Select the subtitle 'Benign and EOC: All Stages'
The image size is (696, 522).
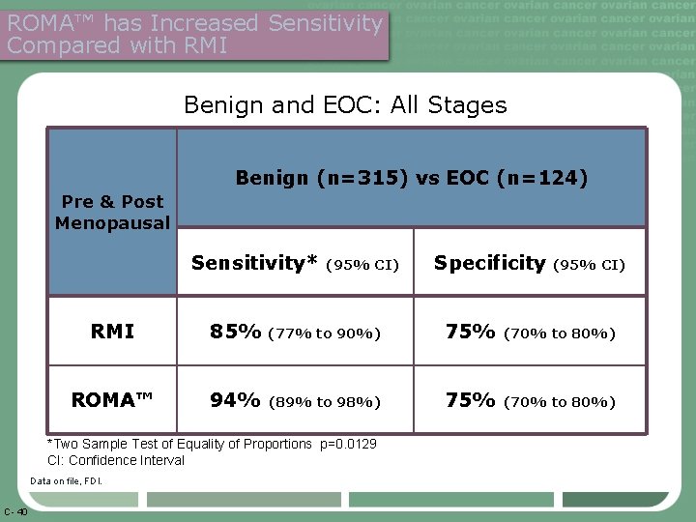(x=345, y=104)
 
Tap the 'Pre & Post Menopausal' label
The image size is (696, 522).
(x=112, y=213)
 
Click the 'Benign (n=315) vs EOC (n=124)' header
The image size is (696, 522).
(x=411, y=178)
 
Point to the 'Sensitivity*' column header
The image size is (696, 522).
(x=255, y=263)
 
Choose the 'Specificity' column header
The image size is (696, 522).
(x=489, y=263)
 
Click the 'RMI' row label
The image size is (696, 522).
(x=112, y=332)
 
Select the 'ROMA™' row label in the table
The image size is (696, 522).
(x=112, y=400)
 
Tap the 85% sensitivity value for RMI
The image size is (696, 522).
(x=236, y=332)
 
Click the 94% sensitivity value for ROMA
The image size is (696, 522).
(x=236, y=400)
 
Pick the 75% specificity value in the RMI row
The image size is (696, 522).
(x=471, y=332)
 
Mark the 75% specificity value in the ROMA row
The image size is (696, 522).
(x=471, y=400)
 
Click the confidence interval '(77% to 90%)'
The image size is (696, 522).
(x=324, y=333)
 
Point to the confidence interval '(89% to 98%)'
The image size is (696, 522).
(x=324, y=402)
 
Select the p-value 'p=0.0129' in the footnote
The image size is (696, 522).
(x=347, y=444)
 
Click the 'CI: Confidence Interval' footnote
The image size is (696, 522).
(x=116, y=460)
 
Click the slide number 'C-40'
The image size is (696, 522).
(x=15, y=511)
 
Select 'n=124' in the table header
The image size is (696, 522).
(x=548, y=178)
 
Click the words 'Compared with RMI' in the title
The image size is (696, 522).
(x=117, y=44)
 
